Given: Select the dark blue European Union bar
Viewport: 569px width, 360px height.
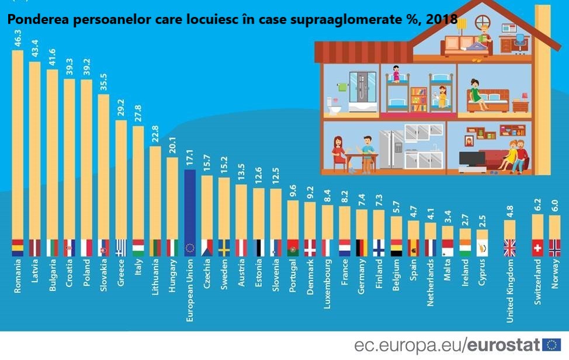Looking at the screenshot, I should (x=189, y=205).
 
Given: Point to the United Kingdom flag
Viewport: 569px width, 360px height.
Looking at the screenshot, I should (x=509, y=248).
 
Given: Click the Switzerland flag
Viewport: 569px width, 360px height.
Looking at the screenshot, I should (x=537, y=248).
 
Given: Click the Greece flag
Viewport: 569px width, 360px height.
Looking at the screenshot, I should (x=121, y=248).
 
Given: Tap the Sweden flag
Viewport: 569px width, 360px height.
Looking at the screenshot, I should (x=224, y=248).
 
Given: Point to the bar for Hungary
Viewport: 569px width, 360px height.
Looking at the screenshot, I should (x=172, y=199).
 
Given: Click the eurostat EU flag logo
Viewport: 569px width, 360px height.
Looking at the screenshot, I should (x=551, y=345).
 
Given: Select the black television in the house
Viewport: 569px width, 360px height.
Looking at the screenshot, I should (x=471, y=158).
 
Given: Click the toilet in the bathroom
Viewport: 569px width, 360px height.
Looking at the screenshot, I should (x=334, y=106).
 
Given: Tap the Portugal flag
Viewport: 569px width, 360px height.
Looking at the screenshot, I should (x=293, y=248).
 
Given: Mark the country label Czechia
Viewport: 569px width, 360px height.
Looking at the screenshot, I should (x=207, y=275).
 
